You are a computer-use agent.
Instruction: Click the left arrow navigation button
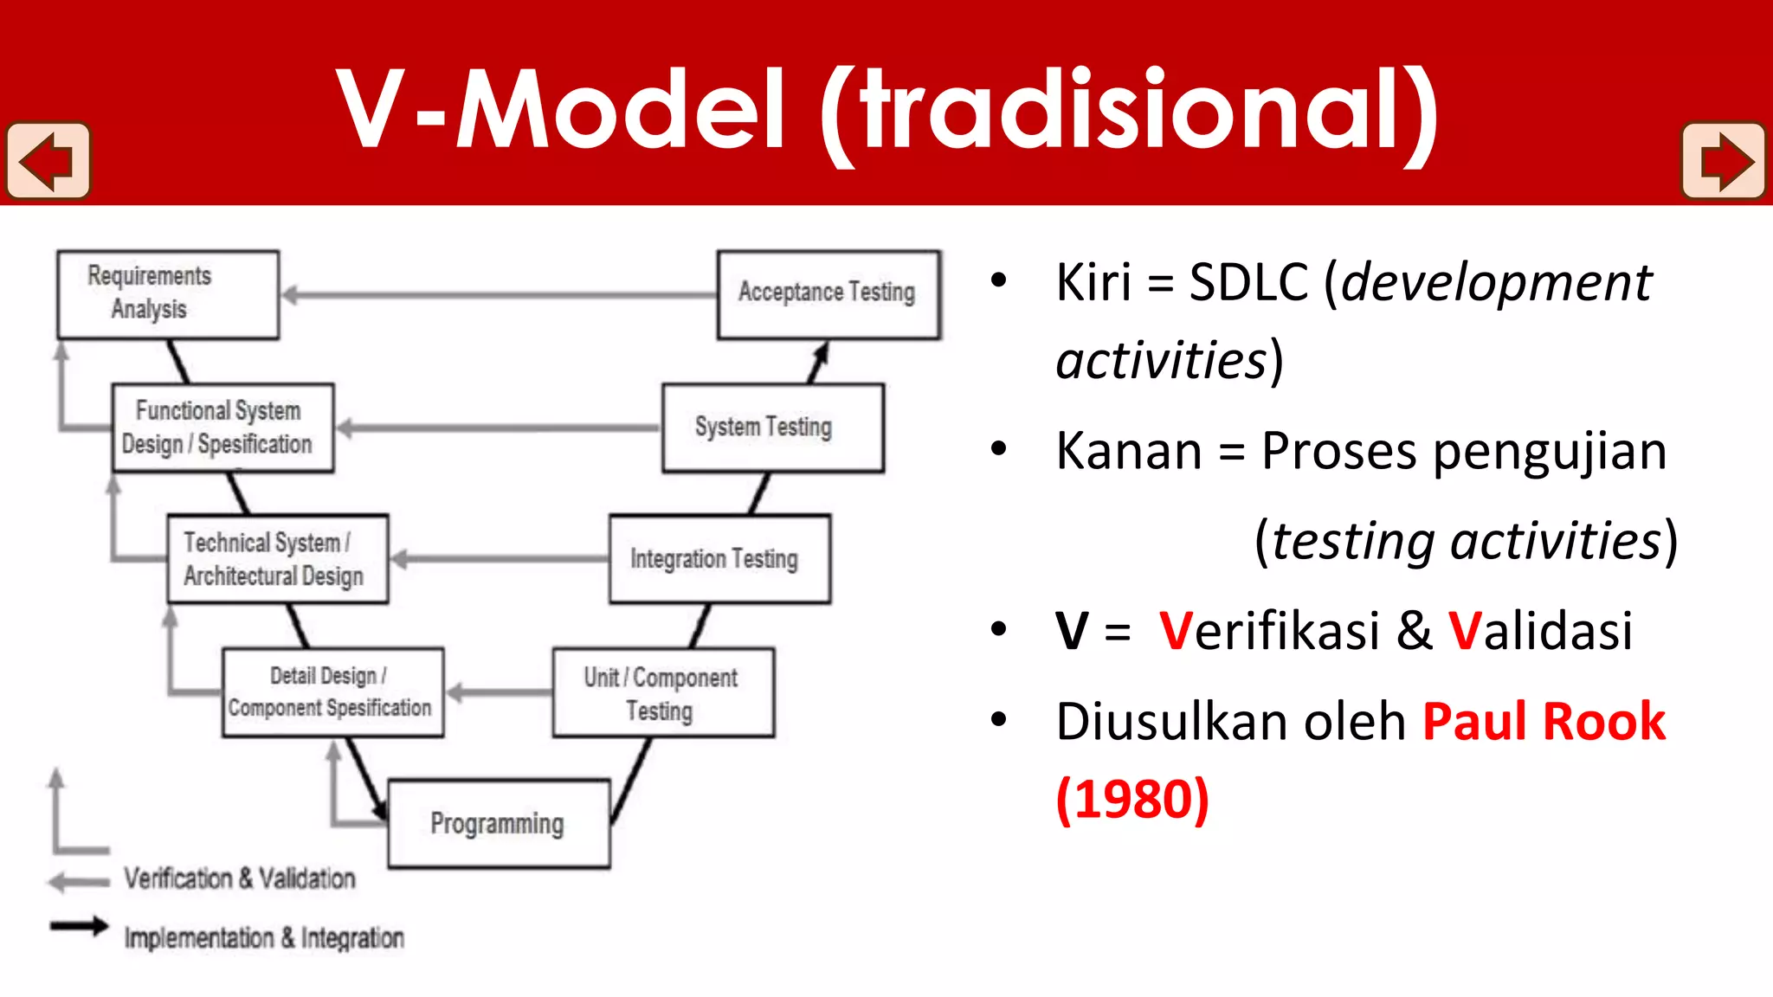click(x=48, y=161)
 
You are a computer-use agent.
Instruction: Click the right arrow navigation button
click(x=1723, y=161)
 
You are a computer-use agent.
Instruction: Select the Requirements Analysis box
click(x=168, y=294)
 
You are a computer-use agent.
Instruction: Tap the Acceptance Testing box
click(x=828, y=294)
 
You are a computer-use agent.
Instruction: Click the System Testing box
click(x=772, y=428)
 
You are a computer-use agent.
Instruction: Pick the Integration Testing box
click(x=719, y=559)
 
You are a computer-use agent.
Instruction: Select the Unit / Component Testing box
click(x=663, y=692)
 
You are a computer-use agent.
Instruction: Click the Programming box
click(x=499, y=823)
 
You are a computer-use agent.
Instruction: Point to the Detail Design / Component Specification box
click(x=332, y=692)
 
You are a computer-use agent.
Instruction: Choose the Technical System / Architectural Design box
click(x=277, y=559)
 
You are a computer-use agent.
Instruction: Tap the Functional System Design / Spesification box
click(x=222, y=428)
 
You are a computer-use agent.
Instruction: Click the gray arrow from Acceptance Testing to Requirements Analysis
click(x=499, y=295)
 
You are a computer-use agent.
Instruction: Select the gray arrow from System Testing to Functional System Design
click(x=499, y=428)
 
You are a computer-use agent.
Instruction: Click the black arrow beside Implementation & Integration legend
click(x=79, y=926)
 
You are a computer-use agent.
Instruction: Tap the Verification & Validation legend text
click(x=239, y=878)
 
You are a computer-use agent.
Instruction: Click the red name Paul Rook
click(x=1544, y=722)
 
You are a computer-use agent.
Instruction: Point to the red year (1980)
click(x=1132, y=799)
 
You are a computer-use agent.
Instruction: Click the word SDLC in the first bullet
click(x=1248, y=282)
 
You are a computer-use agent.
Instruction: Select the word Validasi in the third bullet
click(x=1540, y=630)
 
